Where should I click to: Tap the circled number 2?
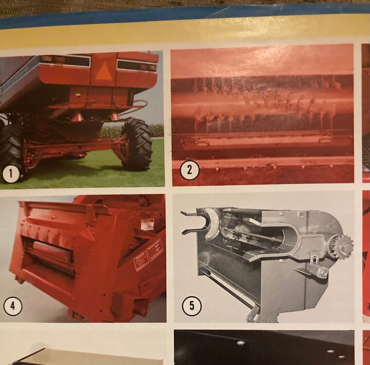click(188, 171)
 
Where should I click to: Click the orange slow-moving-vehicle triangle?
click(103, 72)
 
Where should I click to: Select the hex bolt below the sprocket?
click(323, 273)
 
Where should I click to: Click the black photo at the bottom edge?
click(263, 348)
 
